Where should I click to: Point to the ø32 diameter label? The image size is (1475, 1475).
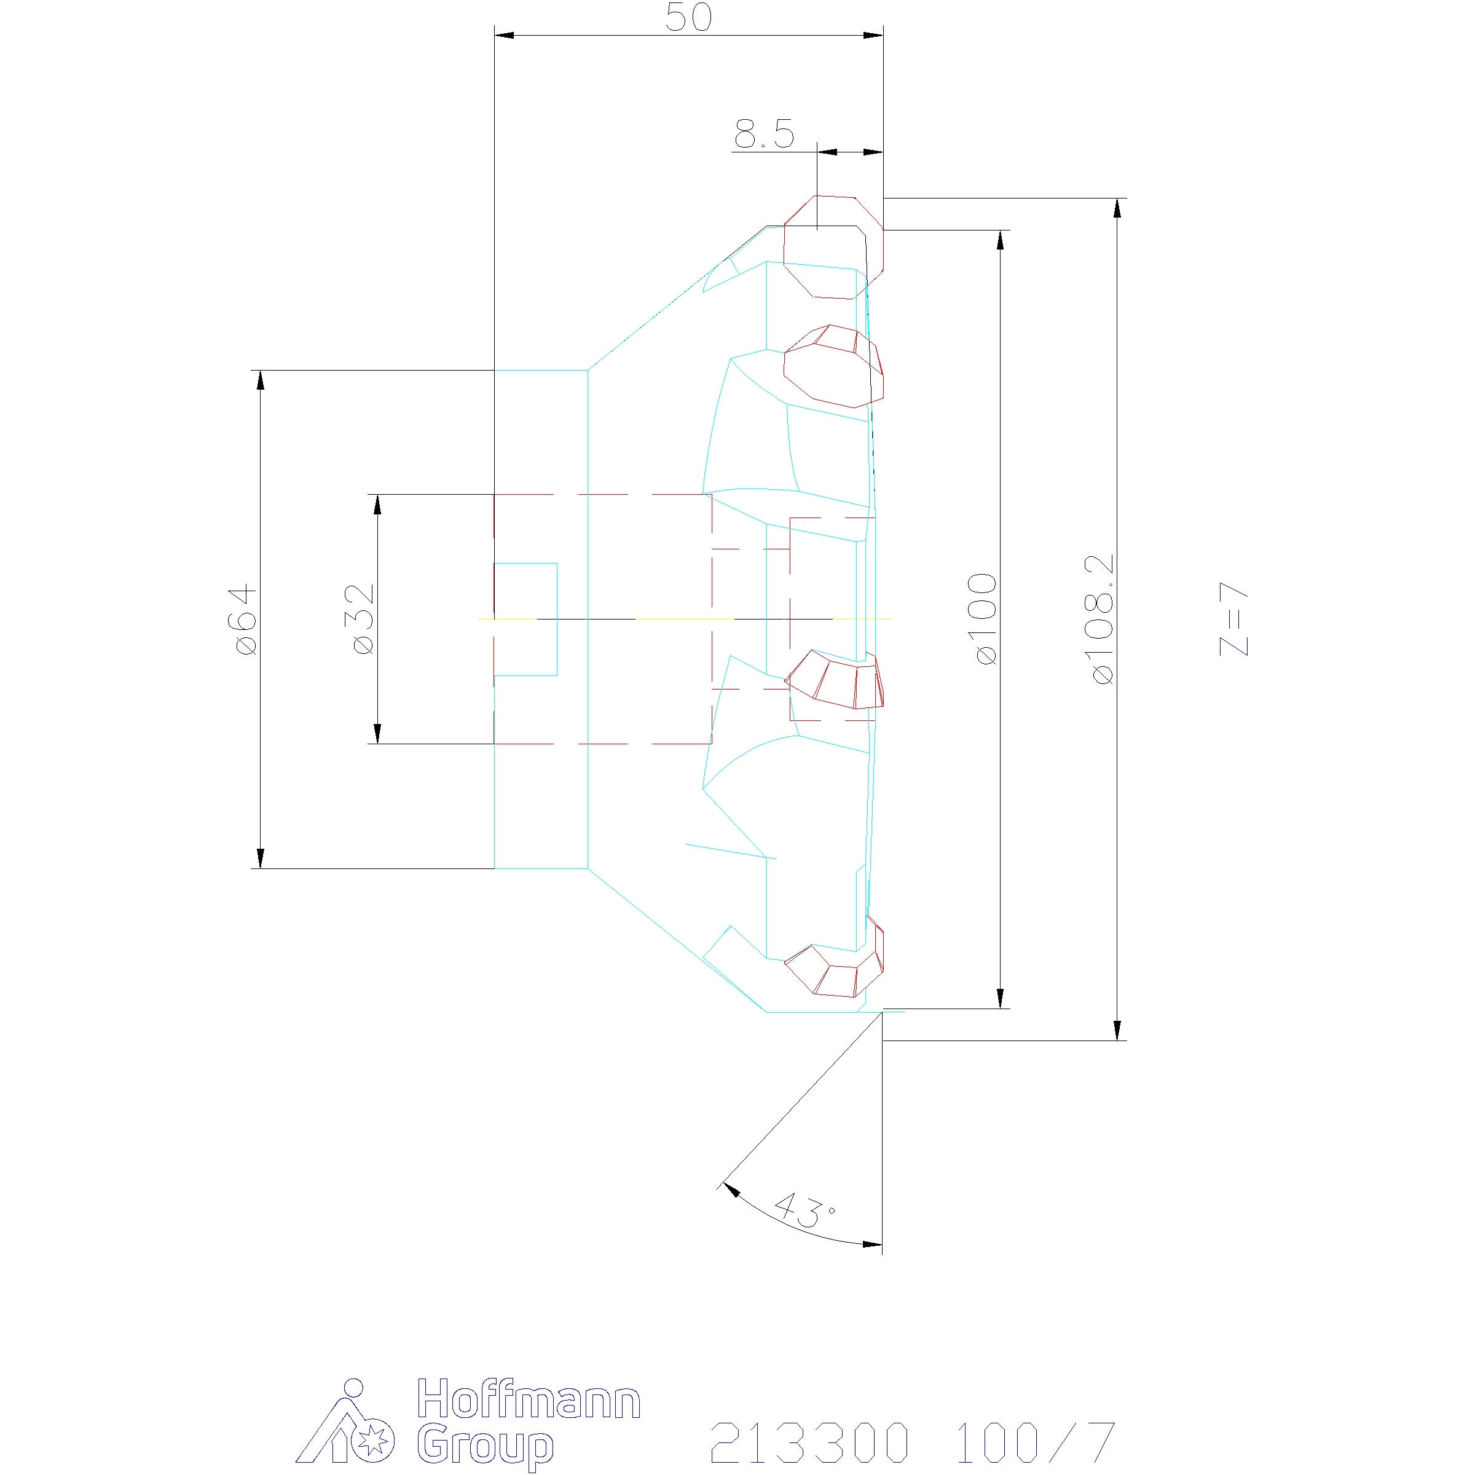pyautogui.click(x=363, y=619)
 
